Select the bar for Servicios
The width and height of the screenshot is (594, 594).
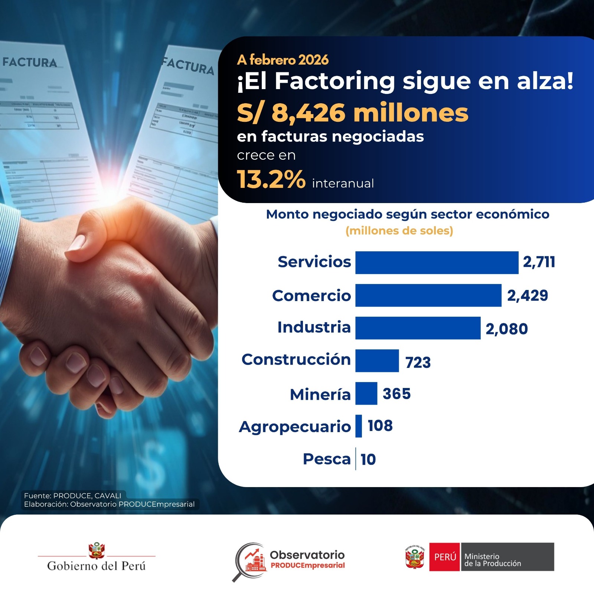[x=437, y=262]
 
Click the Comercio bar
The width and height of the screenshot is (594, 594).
[x=428, y=296]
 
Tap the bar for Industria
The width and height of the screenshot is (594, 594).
[x=418, y=328]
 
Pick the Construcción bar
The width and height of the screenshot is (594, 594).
[x=377, y=360]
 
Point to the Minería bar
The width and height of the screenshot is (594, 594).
[x=366, y=393]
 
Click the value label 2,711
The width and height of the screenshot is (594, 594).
[x=539, y=262]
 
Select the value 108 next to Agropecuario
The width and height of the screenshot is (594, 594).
[x=380, y=426]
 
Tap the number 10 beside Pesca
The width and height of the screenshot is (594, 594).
[x=368, y=460]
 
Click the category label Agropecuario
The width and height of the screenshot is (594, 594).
[x=295, y=427]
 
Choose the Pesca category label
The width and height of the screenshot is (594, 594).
[x=327, y=459]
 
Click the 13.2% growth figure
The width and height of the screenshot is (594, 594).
[x=271, y=180]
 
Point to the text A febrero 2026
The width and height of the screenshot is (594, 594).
[x=283, y=60]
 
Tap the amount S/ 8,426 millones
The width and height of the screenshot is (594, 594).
[x=353, y=113]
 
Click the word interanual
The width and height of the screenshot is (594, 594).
[x=343, y=183]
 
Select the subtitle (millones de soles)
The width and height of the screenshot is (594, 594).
[x=399, y=231]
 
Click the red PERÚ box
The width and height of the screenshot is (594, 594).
[x=445, y=557]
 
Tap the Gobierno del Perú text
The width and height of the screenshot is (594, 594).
[x=97, y=566]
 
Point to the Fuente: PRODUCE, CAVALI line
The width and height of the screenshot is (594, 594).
[x=73, y=496]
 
